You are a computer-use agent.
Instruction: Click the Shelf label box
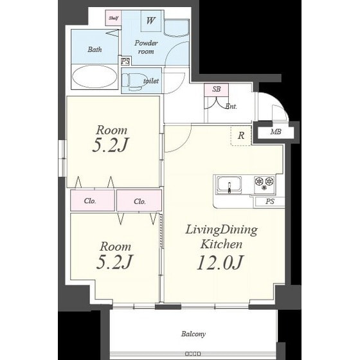113,18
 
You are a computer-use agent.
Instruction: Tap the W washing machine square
151,21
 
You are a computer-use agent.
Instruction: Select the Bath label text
94,50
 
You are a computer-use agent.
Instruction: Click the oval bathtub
94,76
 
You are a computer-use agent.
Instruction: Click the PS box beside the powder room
125,61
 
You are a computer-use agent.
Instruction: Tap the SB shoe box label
216,89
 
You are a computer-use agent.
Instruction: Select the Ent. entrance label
231,107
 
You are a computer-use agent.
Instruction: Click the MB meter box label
276,132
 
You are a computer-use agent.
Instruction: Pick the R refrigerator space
241,136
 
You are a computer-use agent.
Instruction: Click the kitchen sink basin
229,185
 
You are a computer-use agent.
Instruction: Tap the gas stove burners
264,183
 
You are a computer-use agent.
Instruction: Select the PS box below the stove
270,202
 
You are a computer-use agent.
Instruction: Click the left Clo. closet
93,201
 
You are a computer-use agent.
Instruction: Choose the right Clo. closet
139,201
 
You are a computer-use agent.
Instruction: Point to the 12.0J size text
220,263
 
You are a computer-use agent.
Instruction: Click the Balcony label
194,334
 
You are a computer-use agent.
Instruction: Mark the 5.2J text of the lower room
114,262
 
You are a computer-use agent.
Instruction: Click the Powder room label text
146,47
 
